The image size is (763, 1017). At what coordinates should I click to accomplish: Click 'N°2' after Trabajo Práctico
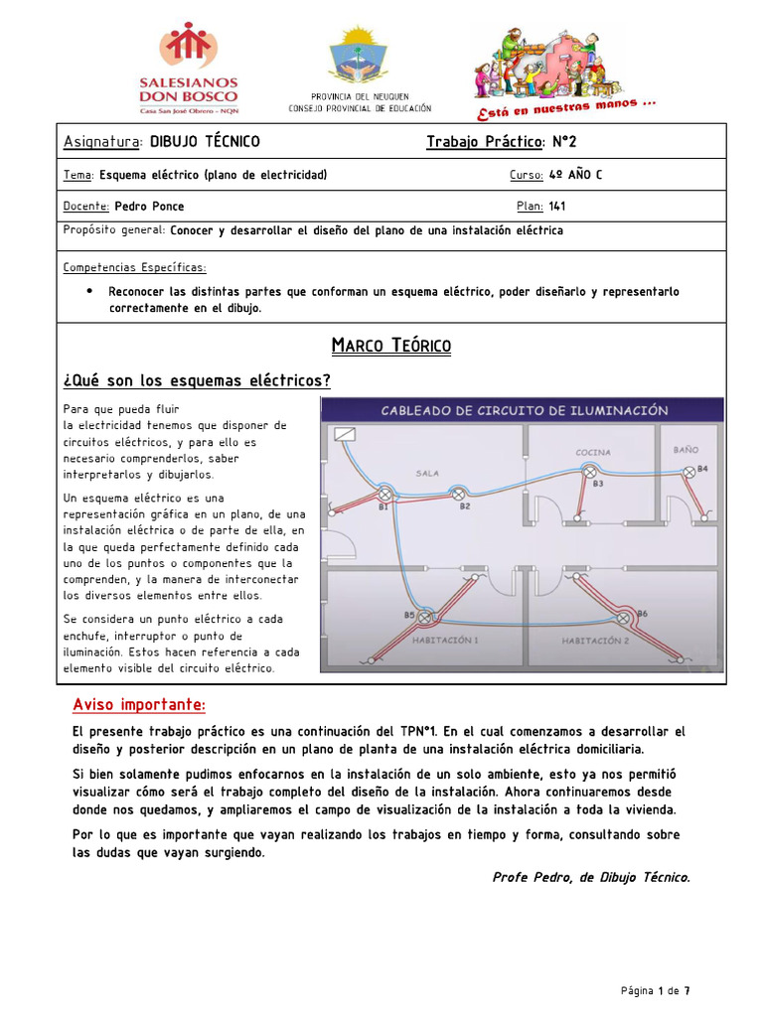click(566, 141)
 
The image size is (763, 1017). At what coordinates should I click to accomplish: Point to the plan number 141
click(556, 207)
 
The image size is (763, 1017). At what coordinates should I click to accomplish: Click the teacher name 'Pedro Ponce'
click(149, 207)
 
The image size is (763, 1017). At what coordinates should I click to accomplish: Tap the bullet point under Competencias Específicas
click(90, 291)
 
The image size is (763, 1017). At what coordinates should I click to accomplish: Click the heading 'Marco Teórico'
click(390, 346)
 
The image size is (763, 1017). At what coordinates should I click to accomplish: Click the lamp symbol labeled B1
click(385, 494)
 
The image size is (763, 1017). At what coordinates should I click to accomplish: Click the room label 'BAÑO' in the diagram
click(687, 450)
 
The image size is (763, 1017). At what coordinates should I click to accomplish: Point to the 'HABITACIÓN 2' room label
click(595, 641)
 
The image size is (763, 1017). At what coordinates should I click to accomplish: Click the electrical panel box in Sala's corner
click(345, 434)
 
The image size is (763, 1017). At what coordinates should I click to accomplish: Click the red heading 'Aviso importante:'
click(139, 705)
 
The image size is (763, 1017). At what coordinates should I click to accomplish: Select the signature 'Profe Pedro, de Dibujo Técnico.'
click(590, 877)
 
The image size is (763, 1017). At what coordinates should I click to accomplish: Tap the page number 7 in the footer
click(687, 991)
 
